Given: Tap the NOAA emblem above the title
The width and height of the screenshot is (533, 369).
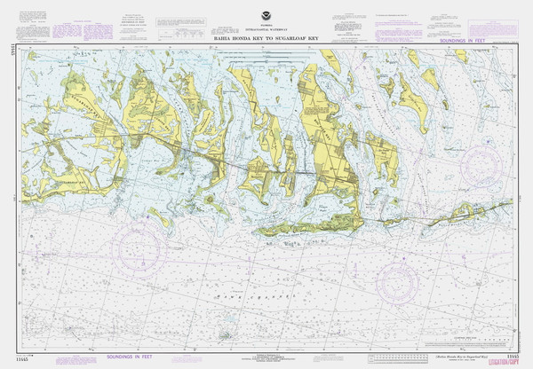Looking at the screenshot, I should tap(267, 18).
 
